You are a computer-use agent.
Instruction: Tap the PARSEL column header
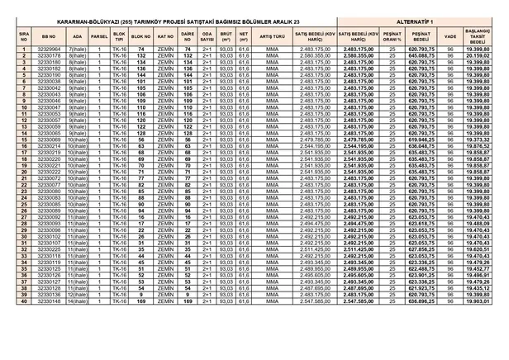(99, 37)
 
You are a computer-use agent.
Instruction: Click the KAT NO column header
(164, 37)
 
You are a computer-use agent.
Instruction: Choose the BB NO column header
(48, 37)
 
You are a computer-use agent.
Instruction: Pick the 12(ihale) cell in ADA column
(78, 295)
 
